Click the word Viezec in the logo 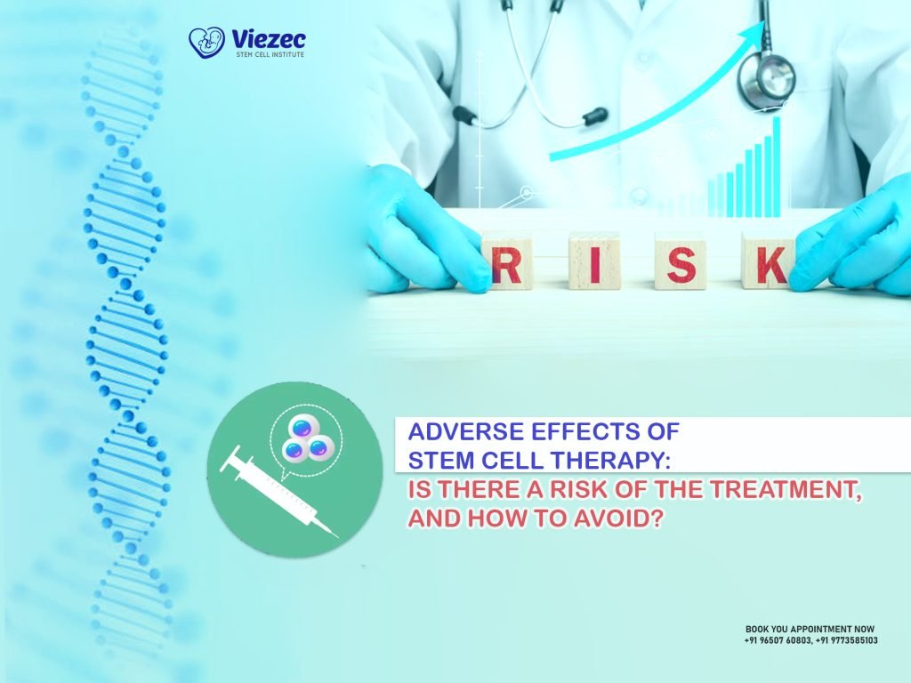[x=268, y=38]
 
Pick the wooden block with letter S [x=681, y=261]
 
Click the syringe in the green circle [x=280, y=494]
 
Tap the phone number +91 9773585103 [x=846, y=640]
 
